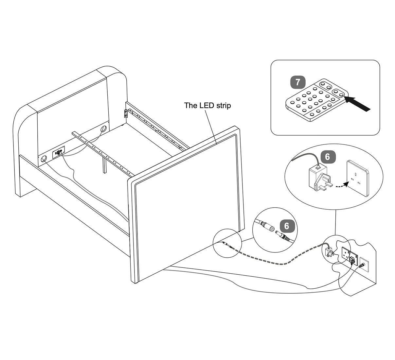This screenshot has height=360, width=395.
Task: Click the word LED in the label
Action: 205,105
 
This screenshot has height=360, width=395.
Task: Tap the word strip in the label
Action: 223,106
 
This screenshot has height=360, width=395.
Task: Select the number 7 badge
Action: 297,82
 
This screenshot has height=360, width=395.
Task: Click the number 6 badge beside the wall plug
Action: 328,157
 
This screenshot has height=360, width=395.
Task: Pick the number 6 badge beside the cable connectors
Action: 287,226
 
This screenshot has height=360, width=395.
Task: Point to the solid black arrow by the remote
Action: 358,102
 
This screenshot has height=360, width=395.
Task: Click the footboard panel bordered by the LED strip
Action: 187,203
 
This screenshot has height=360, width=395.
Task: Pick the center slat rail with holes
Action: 101,151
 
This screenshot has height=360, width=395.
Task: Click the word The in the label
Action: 189,105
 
